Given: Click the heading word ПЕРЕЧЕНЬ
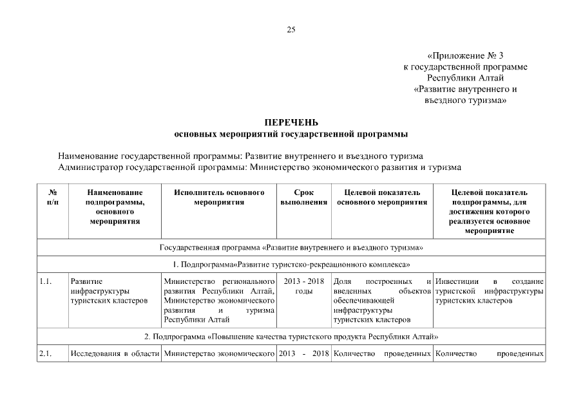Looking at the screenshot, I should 291,122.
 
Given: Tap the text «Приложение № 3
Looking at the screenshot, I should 464,55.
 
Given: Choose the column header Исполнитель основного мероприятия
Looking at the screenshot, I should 219,197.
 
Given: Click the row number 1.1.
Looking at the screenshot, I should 45,282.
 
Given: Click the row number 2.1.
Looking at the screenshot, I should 45,353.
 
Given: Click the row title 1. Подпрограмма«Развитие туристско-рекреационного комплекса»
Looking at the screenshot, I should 291,265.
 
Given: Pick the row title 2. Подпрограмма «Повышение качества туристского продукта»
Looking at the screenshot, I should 291,336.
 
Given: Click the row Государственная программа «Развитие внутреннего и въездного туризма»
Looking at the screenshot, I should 291,247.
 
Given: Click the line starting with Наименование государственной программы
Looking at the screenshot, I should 240,156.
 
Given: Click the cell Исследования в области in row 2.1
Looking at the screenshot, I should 114,353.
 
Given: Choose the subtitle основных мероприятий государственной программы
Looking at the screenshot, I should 291,134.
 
